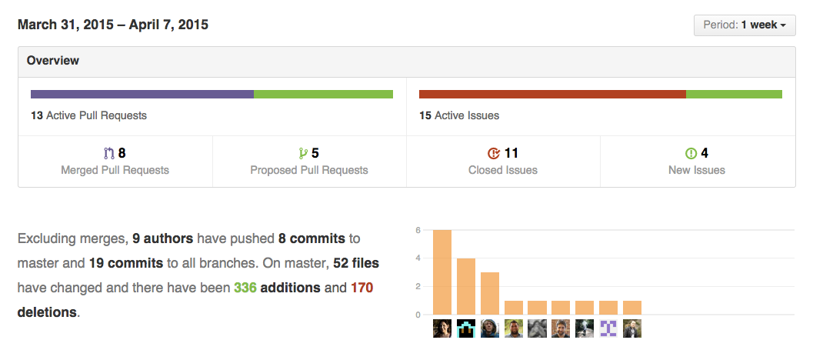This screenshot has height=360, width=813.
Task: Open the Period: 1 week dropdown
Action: pyautogui.click(x=744, y=25)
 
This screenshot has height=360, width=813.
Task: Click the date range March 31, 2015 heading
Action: pyautogui.click(x=113, y=25)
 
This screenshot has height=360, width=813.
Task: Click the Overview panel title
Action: pyautogui.click(x=53, y=61)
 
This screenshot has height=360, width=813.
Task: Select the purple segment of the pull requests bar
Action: pyautogui.click(x=142, y=95)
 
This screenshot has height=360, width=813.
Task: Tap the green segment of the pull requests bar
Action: pyautogui.click(x=323, y=95)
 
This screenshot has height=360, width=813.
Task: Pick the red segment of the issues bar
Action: pyautogui.click(x=551, y=95)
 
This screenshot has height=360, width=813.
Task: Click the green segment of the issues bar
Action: pyautogui.click(x=734, y=95)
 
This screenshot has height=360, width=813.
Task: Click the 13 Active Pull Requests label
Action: pyautogui.click(x=88, y=115)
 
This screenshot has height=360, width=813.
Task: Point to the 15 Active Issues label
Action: pyautogui.click(x=459, y=115)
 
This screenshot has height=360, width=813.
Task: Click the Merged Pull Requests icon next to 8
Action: pyautogui.click(x=108, y=154)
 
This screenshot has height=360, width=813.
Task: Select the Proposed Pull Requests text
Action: pyautogui.click(x=309, y=170)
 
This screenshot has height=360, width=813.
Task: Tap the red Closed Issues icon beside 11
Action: pyautogui.click(x=494, y=154)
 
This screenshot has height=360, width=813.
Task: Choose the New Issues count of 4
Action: pyautogui.click(x=705, y=154)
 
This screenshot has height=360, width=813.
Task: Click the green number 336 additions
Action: pyautogui.click(x=245, y=288)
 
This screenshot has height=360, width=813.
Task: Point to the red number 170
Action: pyautogui.click(x=362, y=288)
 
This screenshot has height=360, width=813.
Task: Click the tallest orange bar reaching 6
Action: pyautogui.click(x=442, y=272)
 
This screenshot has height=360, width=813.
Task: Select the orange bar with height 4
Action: pyautogui.click(x=466, y=286)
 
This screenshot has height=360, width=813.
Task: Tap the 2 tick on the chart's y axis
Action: pyautogui.click(x=417, y=286)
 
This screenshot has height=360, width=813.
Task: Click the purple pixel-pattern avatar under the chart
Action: pyautogui.click(x=608, y=328)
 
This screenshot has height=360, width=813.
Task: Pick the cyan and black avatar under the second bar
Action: pyautogui.click(x=466, y=328)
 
